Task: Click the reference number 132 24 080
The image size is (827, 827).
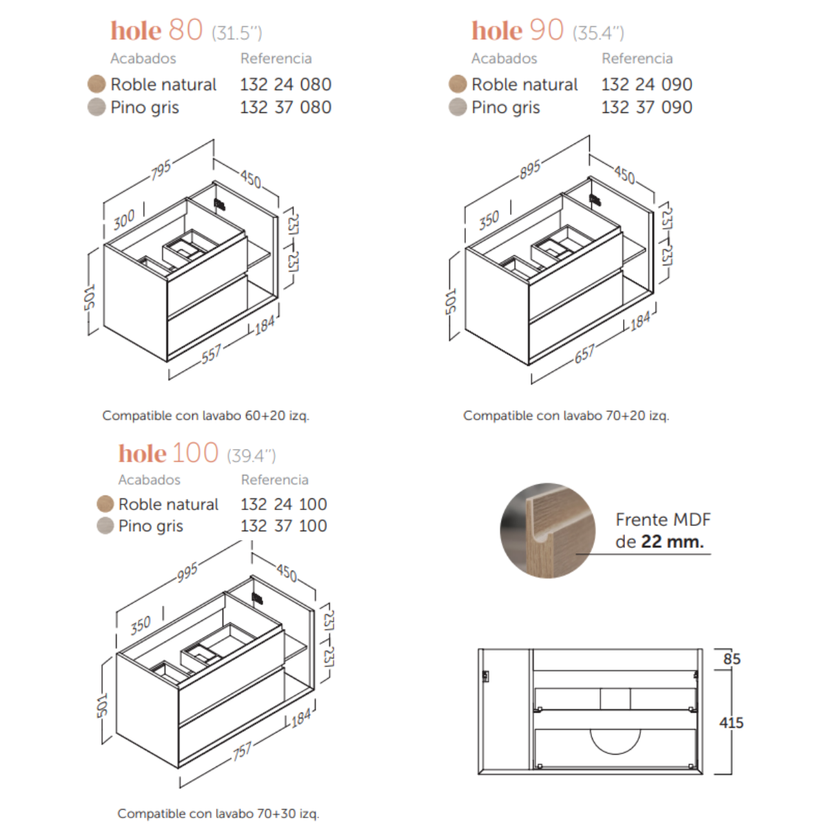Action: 285,85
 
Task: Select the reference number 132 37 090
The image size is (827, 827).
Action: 646,108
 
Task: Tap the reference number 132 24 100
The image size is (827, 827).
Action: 284,504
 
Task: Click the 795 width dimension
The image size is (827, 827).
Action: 161,170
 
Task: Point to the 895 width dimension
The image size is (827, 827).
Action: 530,170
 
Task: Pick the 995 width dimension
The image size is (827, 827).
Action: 187,571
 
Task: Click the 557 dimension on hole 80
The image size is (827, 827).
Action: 211,354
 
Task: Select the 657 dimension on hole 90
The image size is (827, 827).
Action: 584,354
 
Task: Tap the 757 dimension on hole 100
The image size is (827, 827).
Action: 242,751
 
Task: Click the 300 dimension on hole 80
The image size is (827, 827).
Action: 124,220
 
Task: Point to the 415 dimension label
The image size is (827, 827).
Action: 731,723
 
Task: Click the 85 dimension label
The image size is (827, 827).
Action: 732,659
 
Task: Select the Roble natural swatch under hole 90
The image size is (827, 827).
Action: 458,83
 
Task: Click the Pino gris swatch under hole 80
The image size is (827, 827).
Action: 96,107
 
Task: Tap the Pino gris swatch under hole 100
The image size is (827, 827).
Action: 105,525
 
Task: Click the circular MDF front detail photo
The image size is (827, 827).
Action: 548,531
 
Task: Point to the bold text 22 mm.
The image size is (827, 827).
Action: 673,542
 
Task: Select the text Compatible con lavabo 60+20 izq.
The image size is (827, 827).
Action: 205,416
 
